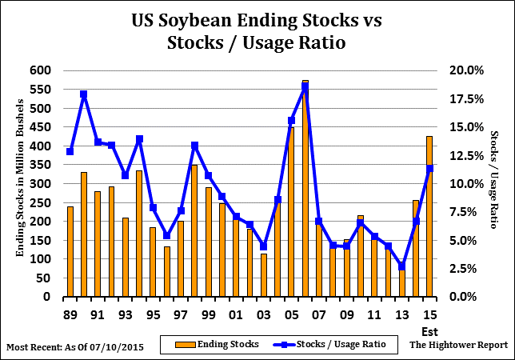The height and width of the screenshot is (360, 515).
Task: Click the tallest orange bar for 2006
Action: click(x=305, y=189)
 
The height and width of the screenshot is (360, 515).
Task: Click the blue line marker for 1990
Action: click(x=84, y=94)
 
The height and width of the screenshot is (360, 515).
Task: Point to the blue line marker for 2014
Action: click(x=401, y=266)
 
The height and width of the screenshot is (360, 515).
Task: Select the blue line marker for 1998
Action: click(x=194, y=146)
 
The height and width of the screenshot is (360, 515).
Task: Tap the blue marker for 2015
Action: click(x=429, y=168)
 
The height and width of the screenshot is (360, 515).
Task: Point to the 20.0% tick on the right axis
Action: click(x=465, y=70)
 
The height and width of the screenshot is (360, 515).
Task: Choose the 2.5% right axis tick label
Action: click(x=466, y=269)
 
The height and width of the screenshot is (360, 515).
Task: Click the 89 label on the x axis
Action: click(x=70, y=314)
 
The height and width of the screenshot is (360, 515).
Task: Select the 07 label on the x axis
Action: click(x=319, y=314)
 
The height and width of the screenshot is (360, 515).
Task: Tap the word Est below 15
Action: click(x=429, y=330)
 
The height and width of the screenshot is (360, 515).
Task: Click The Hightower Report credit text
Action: click(x=458, y=345)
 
